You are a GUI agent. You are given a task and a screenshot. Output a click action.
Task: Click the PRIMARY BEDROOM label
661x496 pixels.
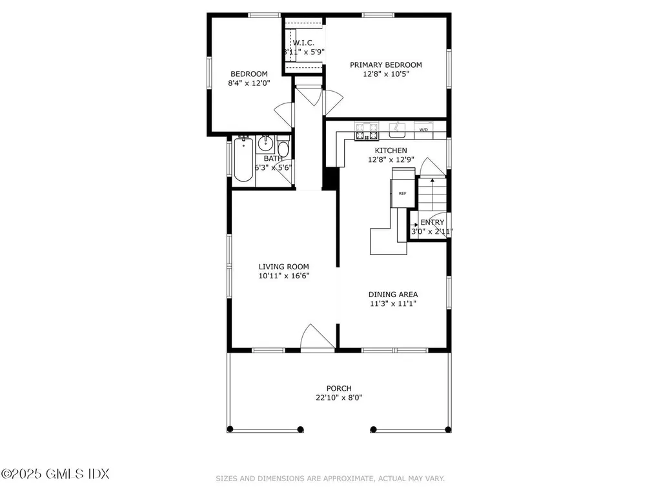pyautogui.click(x=385, y=65)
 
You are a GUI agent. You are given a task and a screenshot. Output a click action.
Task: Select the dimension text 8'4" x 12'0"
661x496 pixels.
pyautogui.click(x=249, y=83)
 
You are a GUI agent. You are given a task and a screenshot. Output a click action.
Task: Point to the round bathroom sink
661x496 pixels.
pyautogui.click(x=265, y=143)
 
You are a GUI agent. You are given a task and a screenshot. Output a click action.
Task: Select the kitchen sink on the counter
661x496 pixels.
pyautogui.click(x=396, y=132)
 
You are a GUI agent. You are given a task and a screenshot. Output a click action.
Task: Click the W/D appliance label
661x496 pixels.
pyautogui.click(x=423, y=130)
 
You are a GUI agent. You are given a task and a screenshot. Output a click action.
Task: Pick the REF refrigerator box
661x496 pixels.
pyautogui.click(x=402, y=193)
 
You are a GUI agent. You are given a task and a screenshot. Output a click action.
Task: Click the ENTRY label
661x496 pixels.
pyautogui.click(x=432, y=222)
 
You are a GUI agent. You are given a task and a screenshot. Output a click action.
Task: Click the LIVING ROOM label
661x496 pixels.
pyautogui.click(x=283, y=266)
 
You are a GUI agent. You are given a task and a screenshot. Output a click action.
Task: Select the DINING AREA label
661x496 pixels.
pyautogui.click(x=392, y=294)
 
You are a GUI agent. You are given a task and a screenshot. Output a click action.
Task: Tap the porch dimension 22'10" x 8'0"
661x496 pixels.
pyautogui.click(x=339, y=398)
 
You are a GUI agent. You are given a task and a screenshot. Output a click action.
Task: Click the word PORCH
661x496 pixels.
pyautogui.click(x=339, y=388)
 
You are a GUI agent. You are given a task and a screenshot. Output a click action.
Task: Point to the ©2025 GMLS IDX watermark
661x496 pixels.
pyautogui.click(x=55, y=474)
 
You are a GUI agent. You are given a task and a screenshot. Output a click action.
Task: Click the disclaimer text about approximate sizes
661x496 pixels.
pyautogui.click(x=330, y=479)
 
